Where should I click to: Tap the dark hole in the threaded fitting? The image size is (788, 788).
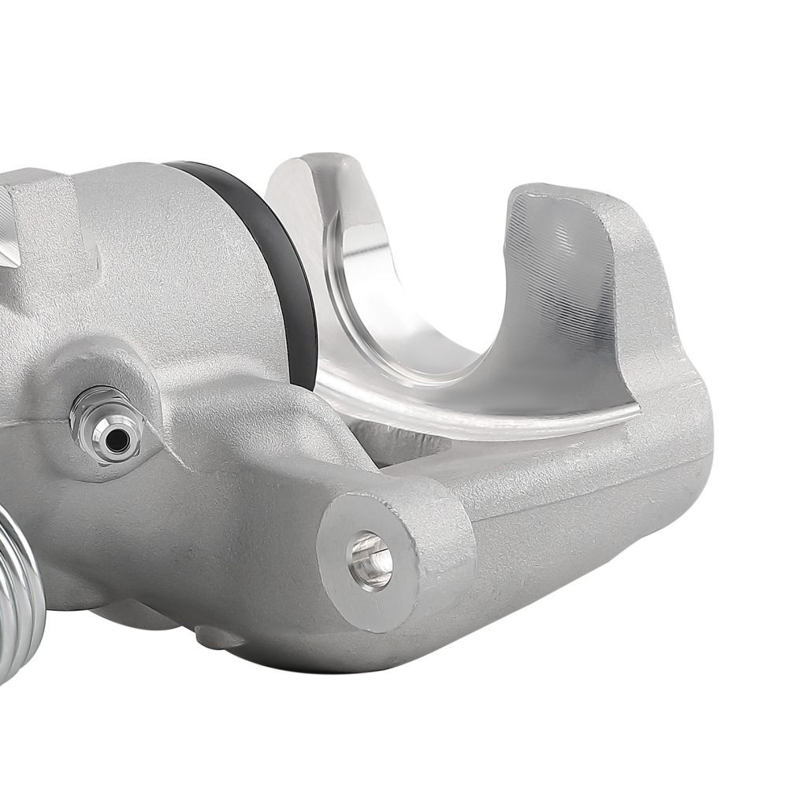[117, 441]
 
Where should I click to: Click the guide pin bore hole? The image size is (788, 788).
[370, 560]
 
